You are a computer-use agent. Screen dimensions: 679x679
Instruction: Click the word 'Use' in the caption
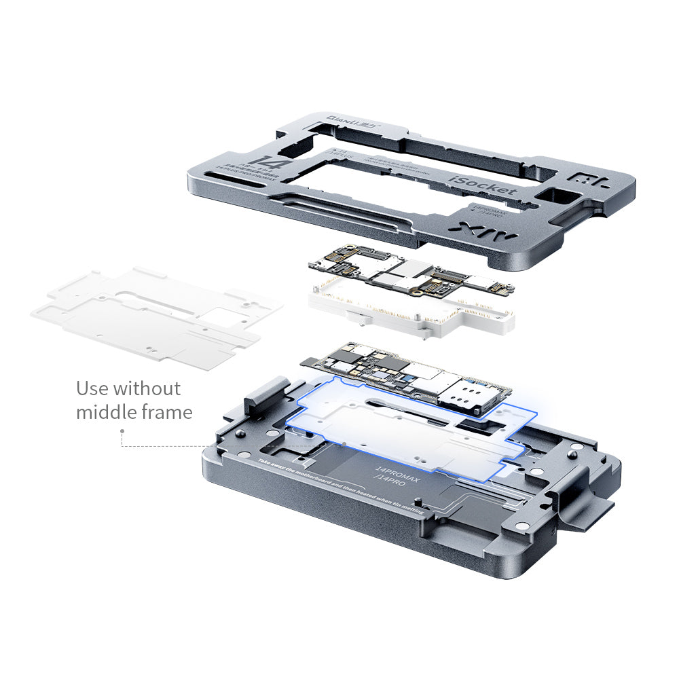coord(92,388)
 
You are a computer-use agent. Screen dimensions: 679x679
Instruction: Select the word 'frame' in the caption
coord(166,412)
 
